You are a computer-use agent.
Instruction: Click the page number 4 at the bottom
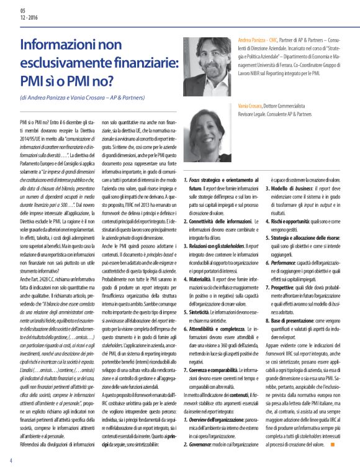[11, 460]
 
